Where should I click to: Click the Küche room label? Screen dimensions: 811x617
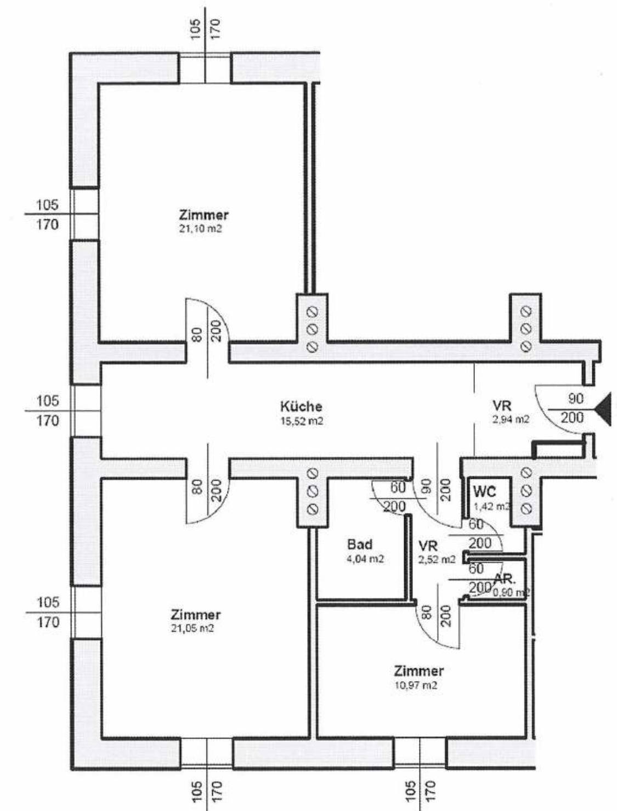(301, 407)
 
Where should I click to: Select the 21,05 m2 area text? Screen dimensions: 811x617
(192, 628)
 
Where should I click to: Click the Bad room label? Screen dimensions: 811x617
(360, 545)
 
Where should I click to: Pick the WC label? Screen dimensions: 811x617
(484, 491)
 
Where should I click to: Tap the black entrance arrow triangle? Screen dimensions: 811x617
(603, 410)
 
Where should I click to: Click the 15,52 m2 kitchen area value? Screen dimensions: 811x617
(301, 421)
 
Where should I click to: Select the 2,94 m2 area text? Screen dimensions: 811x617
(510, 419)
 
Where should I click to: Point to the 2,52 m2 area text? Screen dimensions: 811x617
(437, 560)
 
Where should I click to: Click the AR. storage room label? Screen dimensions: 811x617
(505, 579)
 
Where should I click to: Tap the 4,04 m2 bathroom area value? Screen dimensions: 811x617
(365, 559)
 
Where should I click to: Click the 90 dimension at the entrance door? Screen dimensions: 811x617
(575, 398)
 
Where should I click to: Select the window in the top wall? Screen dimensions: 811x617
(205, 68)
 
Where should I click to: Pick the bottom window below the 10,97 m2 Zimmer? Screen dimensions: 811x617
(420, 752)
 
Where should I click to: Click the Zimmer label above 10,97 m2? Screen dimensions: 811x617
(418, 671)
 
